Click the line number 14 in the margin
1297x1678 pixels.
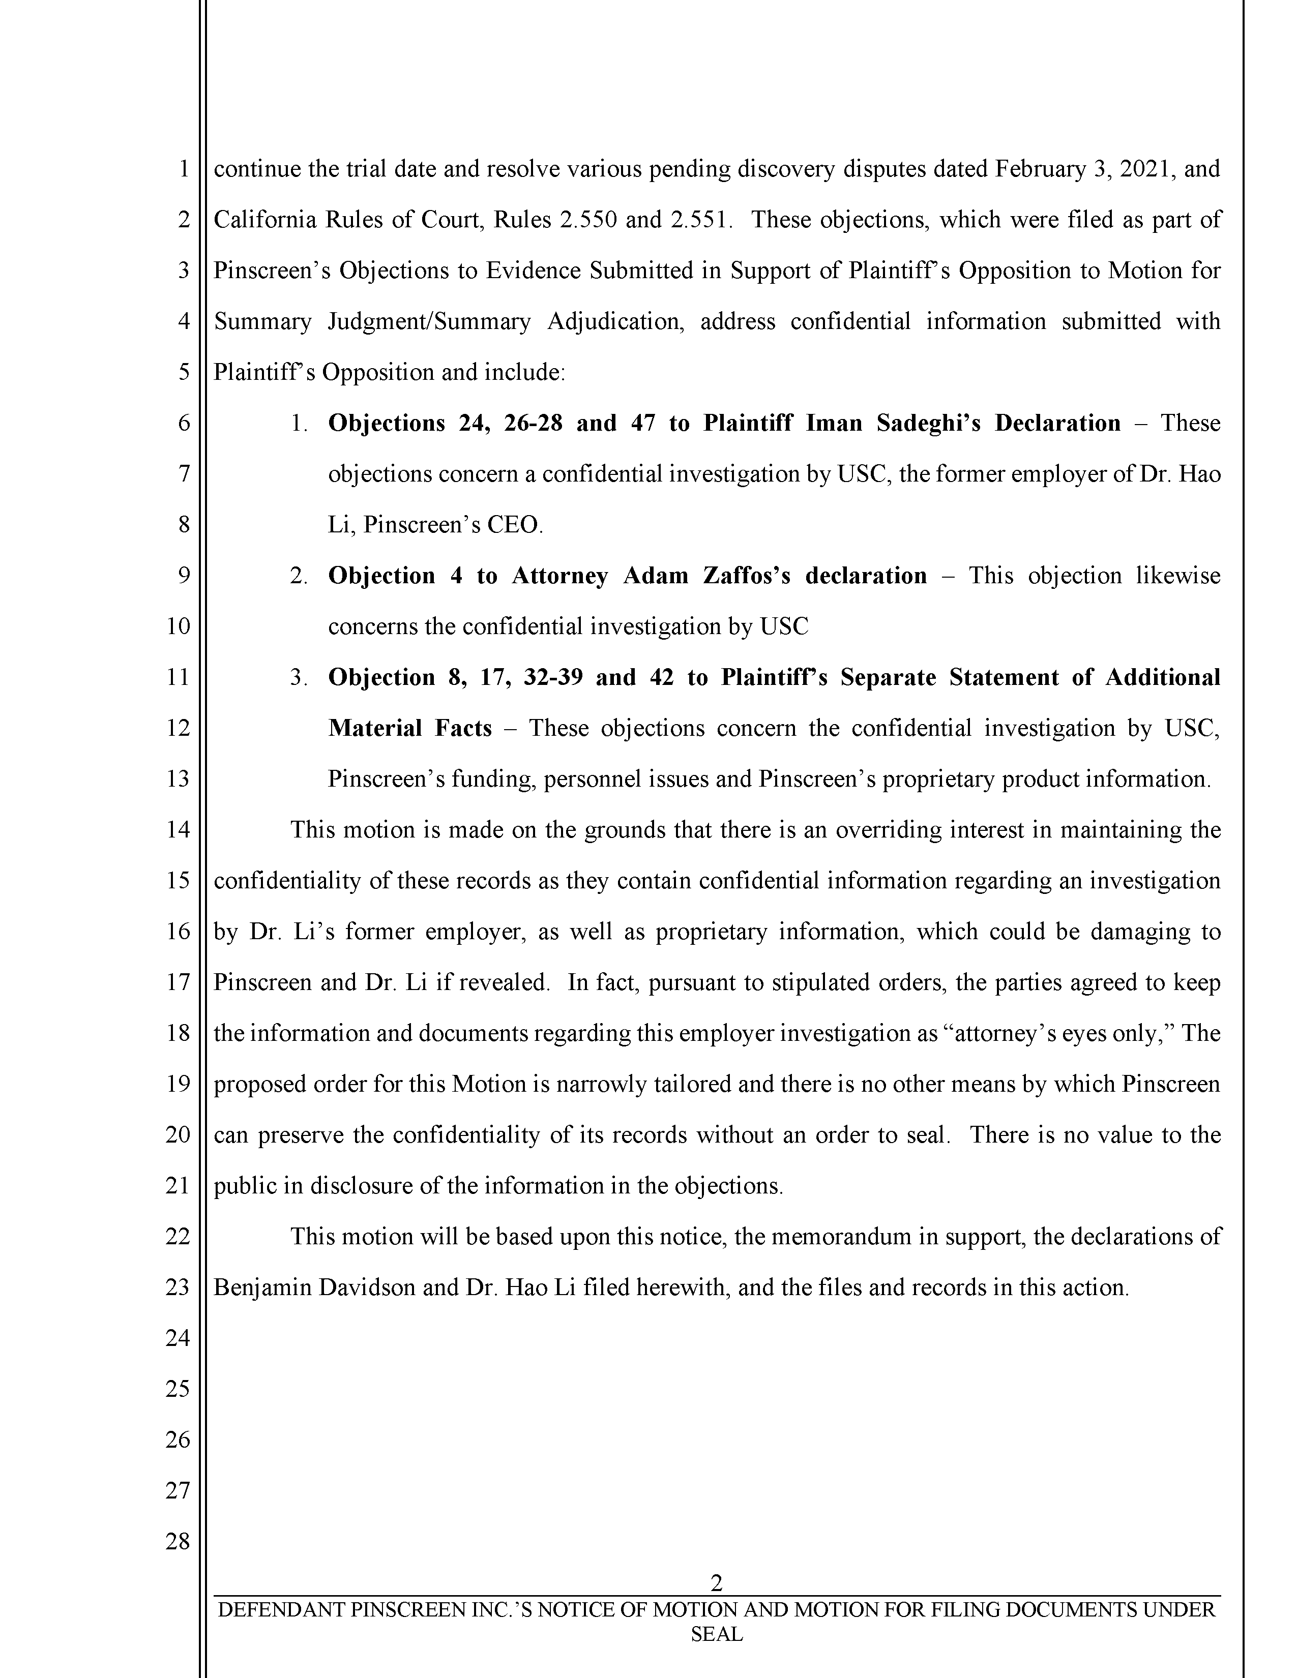(178, 830)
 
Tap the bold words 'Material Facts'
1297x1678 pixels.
(409, 728)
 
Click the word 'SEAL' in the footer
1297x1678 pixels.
(716, 1635)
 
